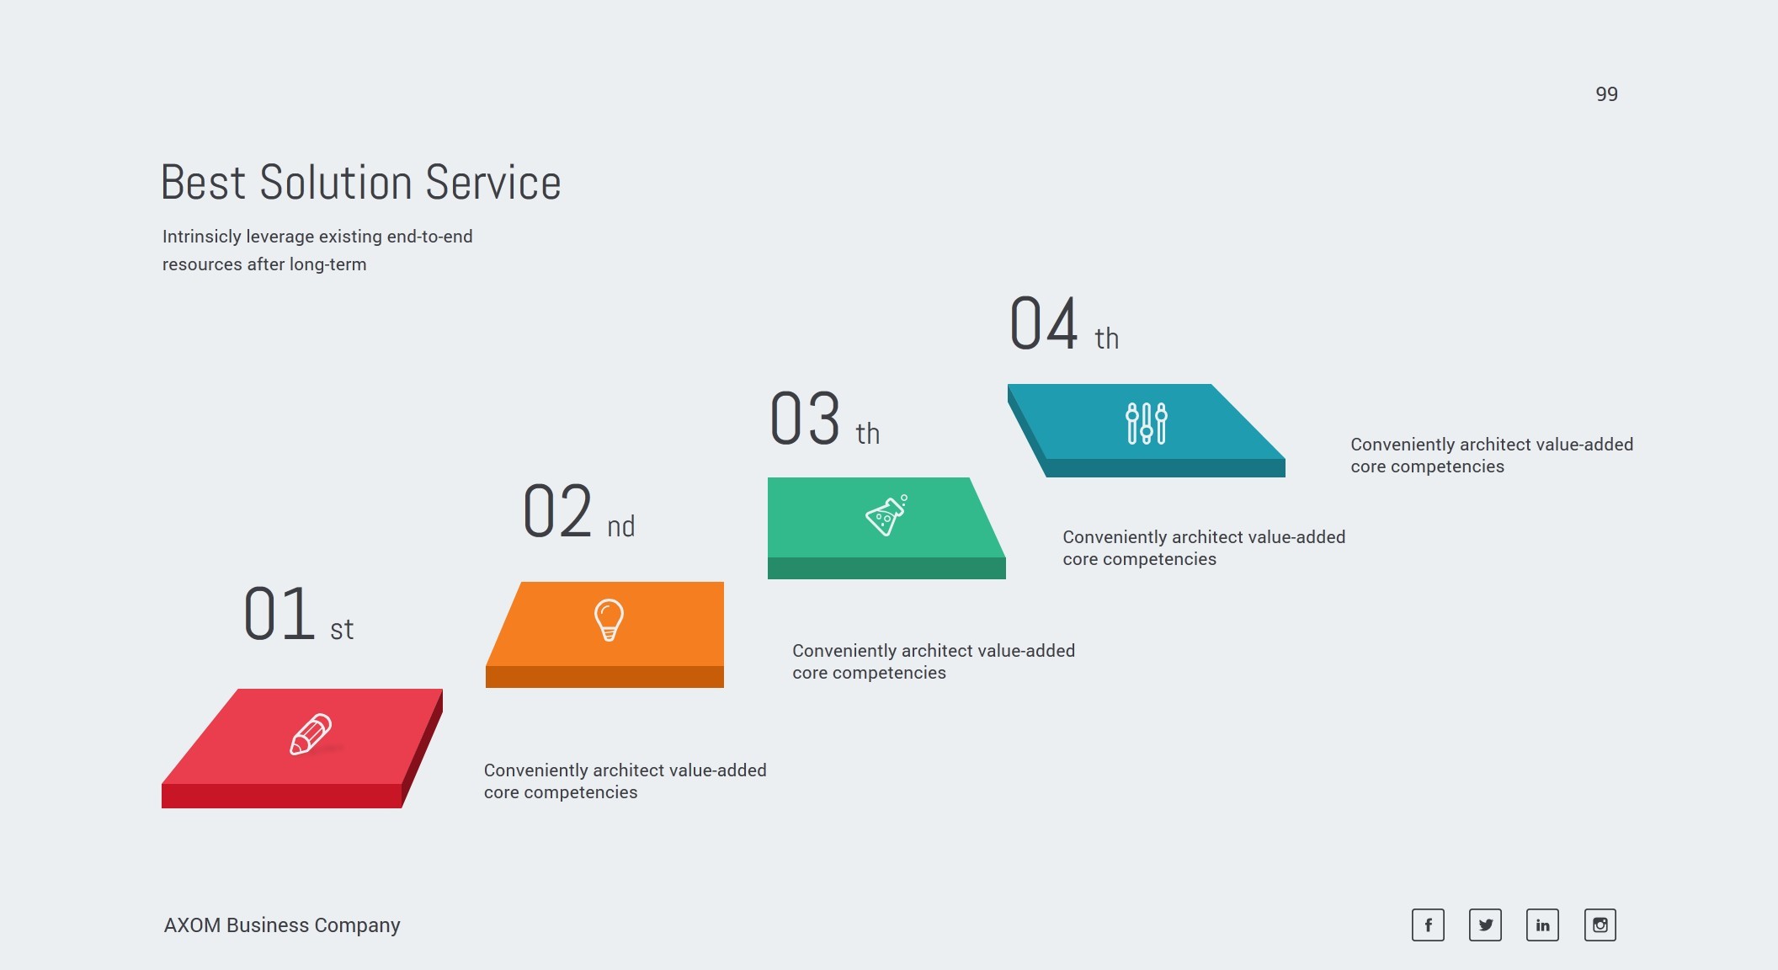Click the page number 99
point(1606,94)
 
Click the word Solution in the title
point(336,183)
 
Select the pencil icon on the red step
point(311,735)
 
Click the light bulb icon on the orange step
point(609,620)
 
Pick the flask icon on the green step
point(886,514)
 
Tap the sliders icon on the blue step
point(1147,423)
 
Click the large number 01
point(279,614)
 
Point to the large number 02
point(557,510)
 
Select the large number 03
point(805,418)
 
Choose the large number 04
point(1044,322)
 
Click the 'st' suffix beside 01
point(342,630)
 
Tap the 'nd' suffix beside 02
point(621,526)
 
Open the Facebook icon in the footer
point(1428,925)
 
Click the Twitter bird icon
point(1485,925)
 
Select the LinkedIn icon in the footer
point(1542,925)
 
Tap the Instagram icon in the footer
point(1600,925)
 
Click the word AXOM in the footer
point(192,925)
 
